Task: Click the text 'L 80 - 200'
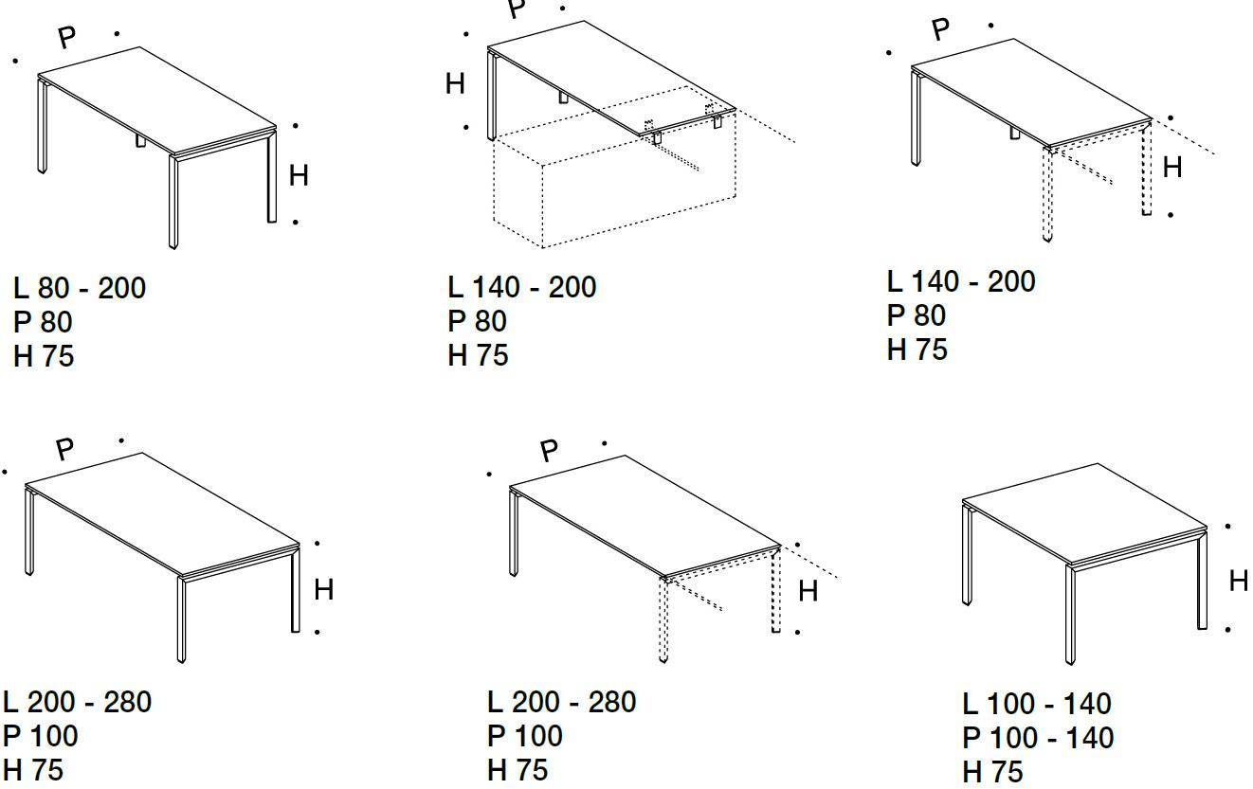[80, 288]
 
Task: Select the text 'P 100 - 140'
[1038, 738]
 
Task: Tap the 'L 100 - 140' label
[1037, 704]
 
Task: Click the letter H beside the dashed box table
[455, 84]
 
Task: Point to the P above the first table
[66, 37]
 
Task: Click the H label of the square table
[1239, 581]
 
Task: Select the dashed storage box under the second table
[614, 179]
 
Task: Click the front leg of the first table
[173, 202]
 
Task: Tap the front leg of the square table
[1070, 614]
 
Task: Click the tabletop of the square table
[1084, 512]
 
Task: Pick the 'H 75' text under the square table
[993, 772]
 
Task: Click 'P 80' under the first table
[43, 322]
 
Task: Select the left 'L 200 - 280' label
[77, 702]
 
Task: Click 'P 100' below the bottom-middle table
[525, 736]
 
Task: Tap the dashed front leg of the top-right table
[1047, 194]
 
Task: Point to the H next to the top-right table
[1172, 168]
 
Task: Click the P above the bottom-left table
[64, 449]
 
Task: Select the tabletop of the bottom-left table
[162, 514]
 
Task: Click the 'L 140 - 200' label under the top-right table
[961, 281]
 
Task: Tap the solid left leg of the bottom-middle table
[514, 533]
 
